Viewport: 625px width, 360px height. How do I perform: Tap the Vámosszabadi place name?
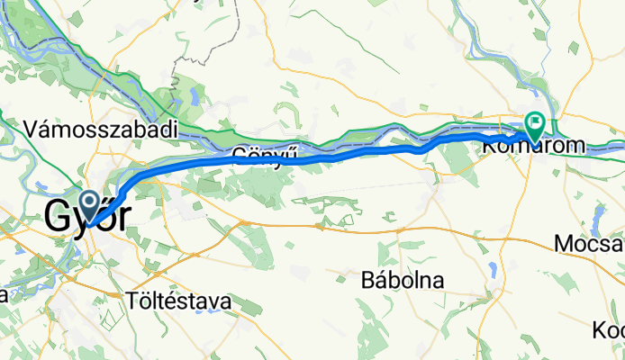[x=102, y=129]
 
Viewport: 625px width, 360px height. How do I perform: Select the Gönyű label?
[x=264, y=154]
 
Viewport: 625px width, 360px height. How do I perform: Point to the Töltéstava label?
[x=179, y=301]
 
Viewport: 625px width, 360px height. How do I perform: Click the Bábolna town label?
[x=402, y=280]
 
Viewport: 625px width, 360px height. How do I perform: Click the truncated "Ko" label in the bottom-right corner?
[x=607, y=330]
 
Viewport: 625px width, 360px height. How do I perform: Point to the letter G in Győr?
[x=59, y=217]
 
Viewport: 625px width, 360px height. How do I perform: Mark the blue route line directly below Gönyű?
[x=264, y=160]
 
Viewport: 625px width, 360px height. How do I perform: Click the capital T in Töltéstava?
[x=133, y=301]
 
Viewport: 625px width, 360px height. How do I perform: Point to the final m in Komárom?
[x=574, y=144]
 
